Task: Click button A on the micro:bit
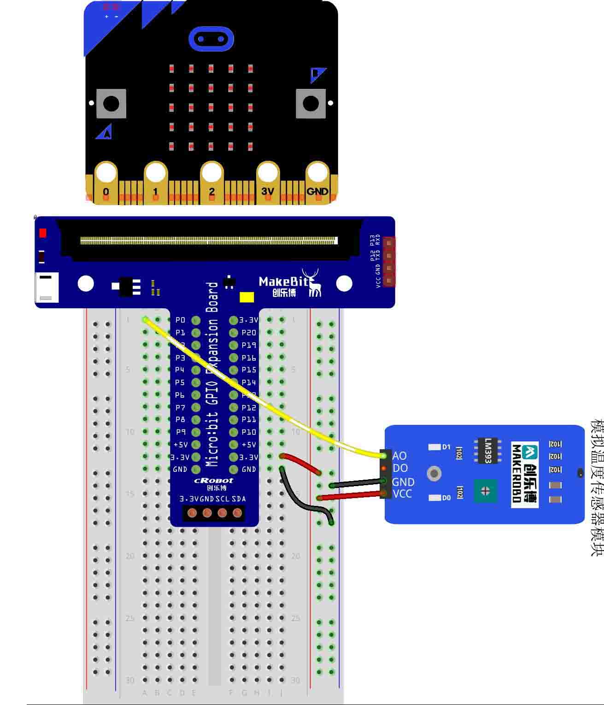111,104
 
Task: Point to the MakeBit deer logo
313,282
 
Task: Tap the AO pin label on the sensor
399,456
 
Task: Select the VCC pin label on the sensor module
402,493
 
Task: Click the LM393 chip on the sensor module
487,450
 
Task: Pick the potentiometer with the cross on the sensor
485,491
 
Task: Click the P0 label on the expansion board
180,320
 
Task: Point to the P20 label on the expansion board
249,332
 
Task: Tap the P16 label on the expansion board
249,358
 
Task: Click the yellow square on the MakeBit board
247,297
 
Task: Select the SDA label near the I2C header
239,499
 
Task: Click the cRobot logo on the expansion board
213,481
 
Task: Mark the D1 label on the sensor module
446,447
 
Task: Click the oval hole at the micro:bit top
211,39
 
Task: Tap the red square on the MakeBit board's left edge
43,233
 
